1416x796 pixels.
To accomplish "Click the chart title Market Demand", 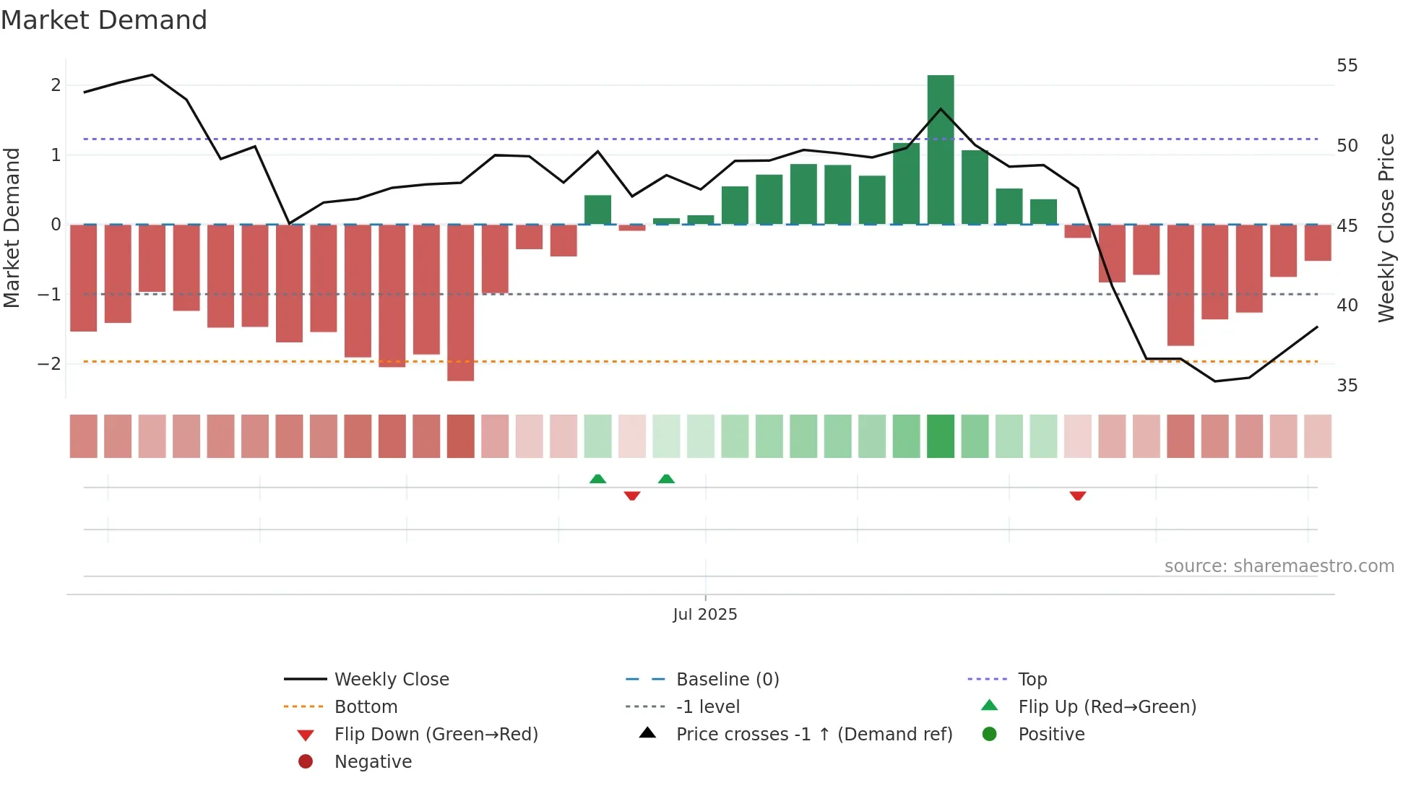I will click(104, 20).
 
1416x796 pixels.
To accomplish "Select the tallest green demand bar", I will click(941, 150).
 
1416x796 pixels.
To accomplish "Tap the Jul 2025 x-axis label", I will click(705, 615).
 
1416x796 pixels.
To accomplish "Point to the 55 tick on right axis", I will click(1347, 66).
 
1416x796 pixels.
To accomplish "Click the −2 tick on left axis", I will click(50, 363).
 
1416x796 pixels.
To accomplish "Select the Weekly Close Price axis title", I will click(1386, 228).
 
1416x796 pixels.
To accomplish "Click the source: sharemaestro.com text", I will click(1279, 566).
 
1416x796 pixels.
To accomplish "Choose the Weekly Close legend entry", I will click(391, 680).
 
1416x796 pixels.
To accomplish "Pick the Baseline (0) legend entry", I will click(727, 680).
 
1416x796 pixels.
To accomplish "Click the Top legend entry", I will click(1032, 680).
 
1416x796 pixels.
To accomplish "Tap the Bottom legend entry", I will click(366, 707).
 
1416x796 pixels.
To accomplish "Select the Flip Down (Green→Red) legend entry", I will click(436, 735).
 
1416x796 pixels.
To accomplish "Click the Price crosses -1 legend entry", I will click(813, 735).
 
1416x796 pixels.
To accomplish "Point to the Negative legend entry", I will click(373, 762).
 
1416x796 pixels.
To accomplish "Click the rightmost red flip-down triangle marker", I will click(1078, 496).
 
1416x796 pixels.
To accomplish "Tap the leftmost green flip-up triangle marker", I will click(597, 479).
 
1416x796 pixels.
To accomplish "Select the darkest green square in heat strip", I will click(941, 436).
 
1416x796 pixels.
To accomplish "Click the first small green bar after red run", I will click(597, 209).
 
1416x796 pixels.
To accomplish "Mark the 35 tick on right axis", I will click(1347, 386).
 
